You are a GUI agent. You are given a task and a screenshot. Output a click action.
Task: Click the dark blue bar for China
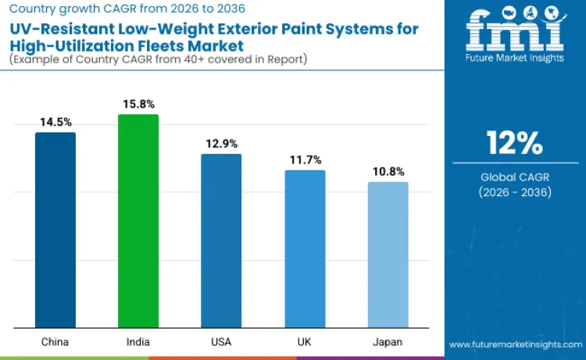point(55,230)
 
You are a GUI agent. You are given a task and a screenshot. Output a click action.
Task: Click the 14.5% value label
point(55,123)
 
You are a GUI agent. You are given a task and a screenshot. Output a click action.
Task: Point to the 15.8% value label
point(138,105)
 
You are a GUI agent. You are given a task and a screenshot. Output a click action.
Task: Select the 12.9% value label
point(221,144)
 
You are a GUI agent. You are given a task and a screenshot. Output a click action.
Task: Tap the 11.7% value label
point(305,160)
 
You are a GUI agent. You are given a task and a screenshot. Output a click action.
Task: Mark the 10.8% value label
point(388,172)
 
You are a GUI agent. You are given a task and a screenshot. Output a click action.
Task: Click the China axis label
point(55,341)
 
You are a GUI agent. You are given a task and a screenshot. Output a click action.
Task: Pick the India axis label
point(138,341)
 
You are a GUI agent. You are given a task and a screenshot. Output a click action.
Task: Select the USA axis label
point(221,341)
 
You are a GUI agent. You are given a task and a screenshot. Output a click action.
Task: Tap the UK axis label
point(305,341)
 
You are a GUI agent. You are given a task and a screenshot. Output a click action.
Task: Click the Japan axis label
point(388,341)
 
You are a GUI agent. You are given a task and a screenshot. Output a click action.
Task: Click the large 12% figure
point(514,143)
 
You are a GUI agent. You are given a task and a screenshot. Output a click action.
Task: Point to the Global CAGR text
point(514,177)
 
